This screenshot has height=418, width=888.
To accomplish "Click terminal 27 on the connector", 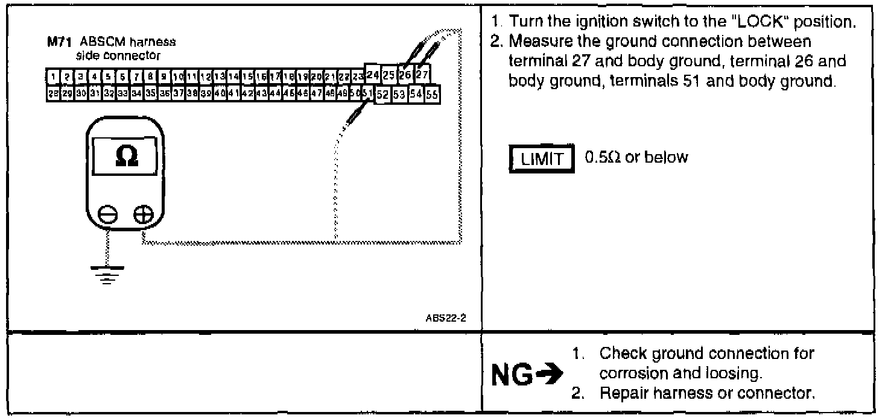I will pyautogui.click(x=422, y=75).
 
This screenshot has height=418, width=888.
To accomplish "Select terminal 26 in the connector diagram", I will pyautogui.click(x=405, y=75).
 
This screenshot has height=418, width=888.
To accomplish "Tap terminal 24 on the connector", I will pyautogui.click(x=373, y=75).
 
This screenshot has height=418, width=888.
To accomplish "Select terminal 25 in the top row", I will pyautogui.click(x=389, y=75).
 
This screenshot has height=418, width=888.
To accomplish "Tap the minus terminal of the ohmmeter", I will pyautogui.click(x=107, y=213).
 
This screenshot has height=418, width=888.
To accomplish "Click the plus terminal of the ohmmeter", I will pyautogui.click(x=144, y=213).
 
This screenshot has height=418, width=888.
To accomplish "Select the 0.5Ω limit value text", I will pyautogui.click(x=636, y=158).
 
